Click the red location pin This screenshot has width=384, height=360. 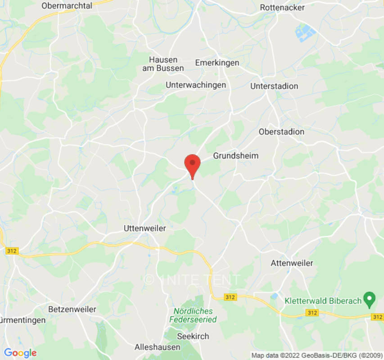pyautogui.click(x=193, y=164)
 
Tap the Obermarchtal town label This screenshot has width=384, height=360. pyautogui.click(x=67, y=6)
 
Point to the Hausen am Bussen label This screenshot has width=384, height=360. pyautogui.click(x=163, y=64)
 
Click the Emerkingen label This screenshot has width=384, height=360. pyautogui.click(x=217, y=63)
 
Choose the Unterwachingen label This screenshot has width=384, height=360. pyautogui.click(x=196, y=85)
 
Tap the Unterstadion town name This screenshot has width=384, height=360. pyautogui.click(x=274, y=86)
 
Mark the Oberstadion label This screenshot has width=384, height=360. pyautogui.click(x=281, y=132)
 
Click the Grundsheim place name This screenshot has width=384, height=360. pyautogui.click(x=236, y=156)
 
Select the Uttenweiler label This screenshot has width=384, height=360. pyautogui.click(x=145, y=229)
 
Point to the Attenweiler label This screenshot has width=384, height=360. pyautogui.click(x=292, y=263)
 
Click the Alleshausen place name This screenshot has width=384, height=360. pyautogui.click(x=158, y=347)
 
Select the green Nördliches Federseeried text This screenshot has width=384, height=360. pyautogui.click(x=193, y=315)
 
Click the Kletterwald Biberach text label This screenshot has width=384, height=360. pyautogui.click(x=323, y=300)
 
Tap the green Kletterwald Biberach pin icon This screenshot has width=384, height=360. pyautogui.click(x=370, y=297)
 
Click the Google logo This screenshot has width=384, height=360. pyautogui.click(x=20, y=353)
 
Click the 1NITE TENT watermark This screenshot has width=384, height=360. pyautogui.click(x=192, y=279)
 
